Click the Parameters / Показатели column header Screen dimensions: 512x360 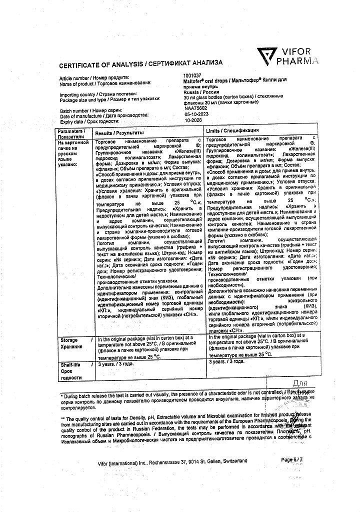point(71,133)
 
